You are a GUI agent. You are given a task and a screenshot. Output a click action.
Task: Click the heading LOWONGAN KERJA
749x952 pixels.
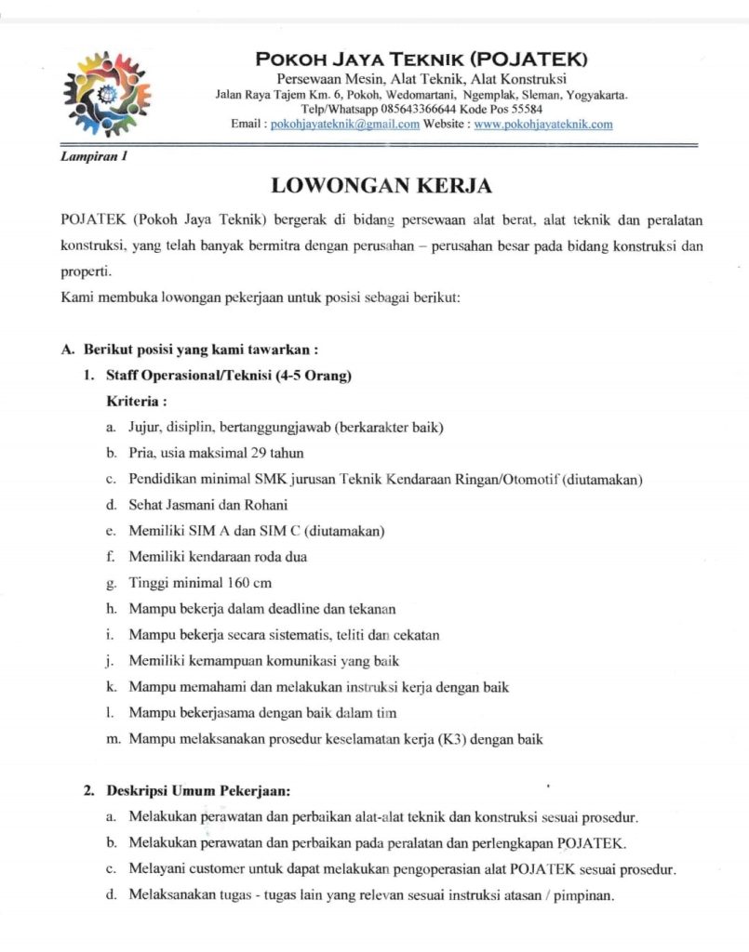coord(381,185)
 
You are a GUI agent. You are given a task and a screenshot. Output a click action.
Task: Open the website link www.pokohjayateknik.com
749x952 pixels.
coord(543,124)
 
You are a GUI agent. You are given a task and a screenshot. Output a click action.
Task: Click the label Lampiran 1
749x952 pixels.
coord(93,156)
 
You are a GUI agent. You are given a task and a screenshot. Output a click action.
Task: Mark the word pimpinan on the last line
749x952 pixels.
coord(584,896)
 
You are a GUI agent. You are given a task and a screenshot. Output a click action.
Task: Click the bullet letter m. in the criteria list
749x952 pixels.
coord(112,740)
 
